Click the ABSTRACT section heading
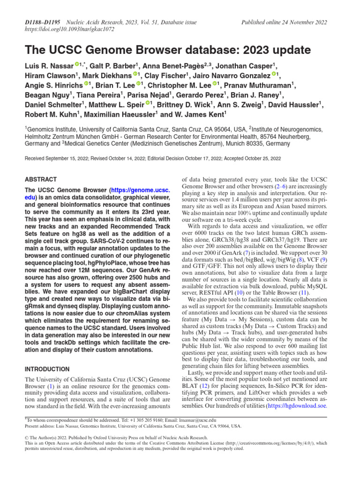[40, 180]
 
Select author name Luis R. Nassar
[49, 66]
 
